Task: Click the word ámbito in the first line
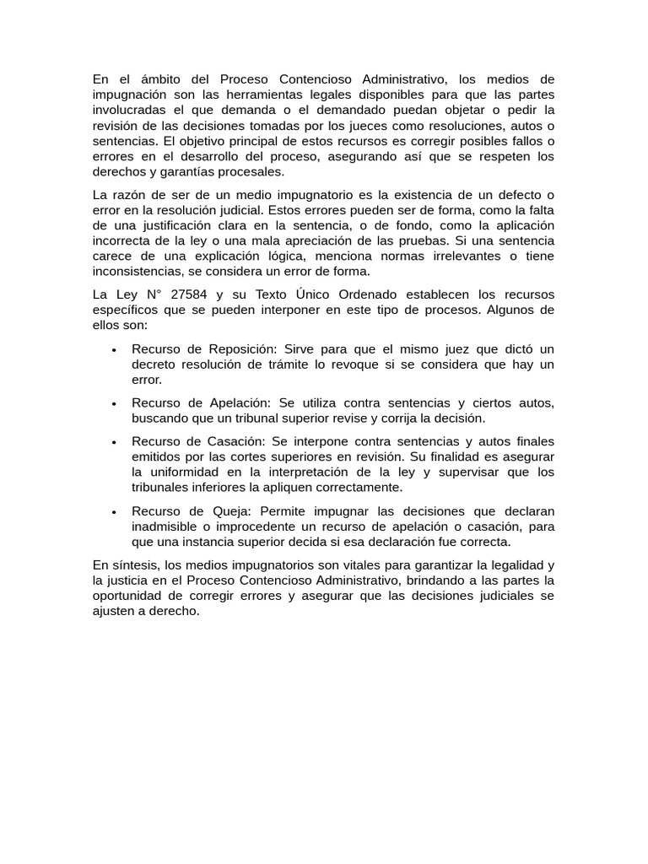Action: pyautogui.click(x=153, y=79)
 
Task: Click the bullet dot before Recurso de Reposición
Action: pyautogui.click(x=113, y=349)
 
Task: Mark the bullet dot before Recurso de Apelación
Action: pyautogui.click(x=113, y=404)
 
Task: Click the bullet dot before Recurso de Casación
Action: pyautogui.click(x=113, y=442)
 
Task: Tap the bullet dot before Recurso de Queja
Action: pyautogui.click(x=113, y=511)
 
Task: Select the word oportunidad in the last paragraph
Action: pyautogui.click(x=132, y=597)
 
